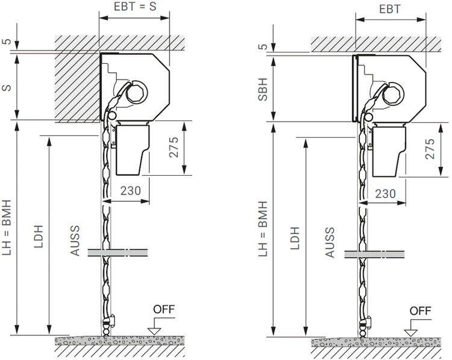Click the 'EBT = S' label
(135, 7)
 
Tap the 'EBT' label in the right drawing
(390, 9)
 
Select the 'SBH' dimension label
(263, 89)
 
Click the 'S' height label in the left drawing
(7, 87)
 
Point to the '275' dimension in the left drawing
(174, 147)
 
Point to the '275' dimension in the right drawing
(430, 149)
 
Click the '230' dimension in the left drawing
(131, 190)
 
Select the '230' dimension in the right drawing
(386, 193)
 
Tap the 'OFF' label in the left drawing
(164, 309)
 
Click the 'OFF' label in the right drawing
(421, 311)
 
